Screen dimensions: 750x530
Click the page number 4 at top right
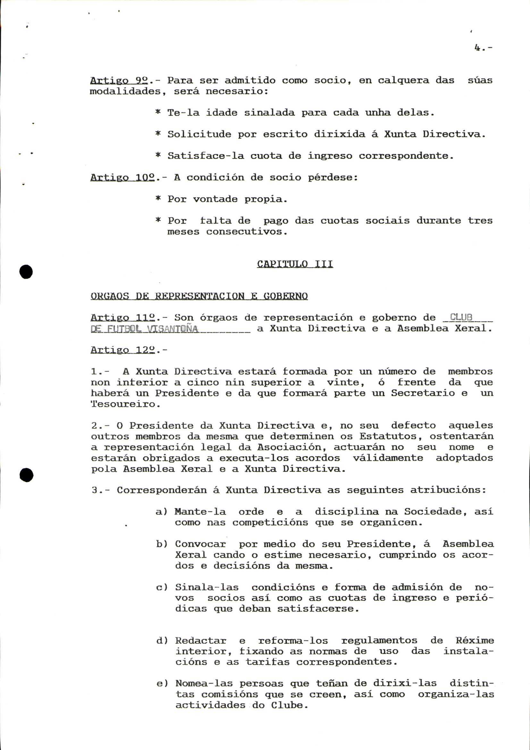[477, 48]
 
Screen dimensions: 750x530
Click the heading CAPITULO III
[295, 264]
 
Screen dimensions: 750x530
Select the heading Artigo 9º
[119, 80]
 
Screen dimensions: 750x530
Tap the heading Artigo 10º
[122, 177]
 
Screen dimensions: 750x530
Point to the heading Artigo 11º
[122, 317]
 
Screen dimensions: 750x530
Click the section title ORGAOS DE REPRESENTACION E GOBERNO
[199, 296]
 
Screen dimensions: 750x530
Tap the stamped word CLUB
[461, 317]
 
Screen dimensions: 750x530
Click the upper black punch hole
[26, 272]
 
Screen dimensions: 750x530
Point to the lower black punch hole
[26, 475]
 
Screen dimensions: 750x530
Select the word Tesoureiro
[123, 404]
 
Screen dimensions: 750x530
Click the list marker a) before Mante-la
[161, 511]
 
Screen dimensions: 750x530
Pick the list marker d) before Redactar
[162, 641]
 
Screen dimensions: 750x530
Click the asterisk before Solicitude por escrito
[158, 134]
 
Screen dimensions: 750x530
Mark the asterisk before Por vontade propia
[158, 198]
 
